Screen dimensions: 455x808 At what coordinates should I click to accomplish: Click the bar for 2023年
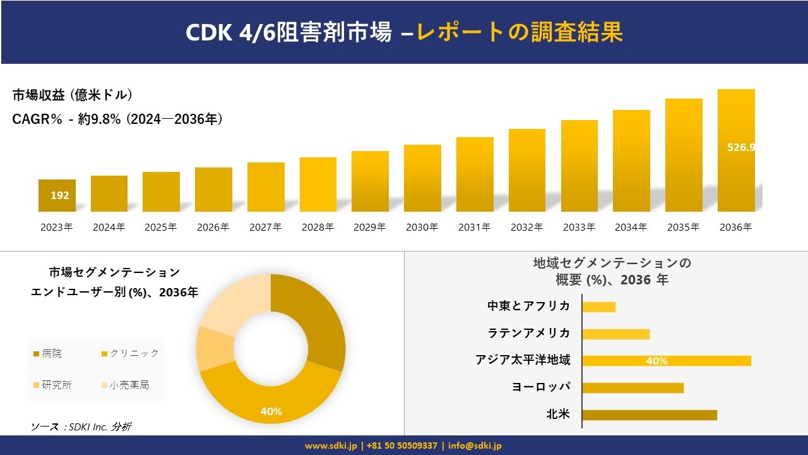(x=57, y=196)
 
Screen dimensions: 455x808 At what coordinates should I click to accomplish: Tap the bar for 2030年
(x=422, y=178)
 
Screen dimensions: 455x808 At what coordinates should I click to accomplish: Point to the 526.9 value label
(x=741, y=147)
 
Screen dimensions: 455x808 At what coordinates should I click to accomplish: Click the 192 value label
(x=60, y=195)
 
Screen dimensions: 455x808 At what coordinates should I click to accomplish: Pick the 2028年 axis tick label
(x=318, y=227)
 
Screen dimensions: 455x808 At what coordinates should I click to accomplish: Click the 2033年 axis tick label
(x=579, y=227)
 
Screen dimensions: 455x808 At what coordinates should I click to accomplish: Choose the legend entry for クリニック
(x=130, y=354)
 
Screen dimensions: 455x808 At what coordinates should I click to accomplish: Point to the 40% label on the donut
(x=271, y=411)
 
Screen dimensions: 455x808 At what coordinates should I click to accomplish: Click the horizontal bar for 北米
(x=649, y=415)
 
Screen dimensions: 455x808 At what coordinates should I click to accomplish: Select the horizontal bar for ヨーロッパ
(x=633, y=387)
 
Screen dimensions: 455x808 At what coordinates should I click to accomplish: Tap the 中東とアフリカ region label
(x=529, y=306)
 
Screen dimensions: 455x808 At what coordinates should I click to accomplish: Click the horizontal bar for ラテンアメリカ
(x=615, y=334)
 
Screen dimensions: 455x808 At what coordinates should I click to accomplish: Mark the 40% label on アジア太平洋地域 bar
(x=656, y=361)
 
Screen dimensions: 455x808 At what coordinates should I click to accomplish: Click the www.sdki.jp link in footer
(x=331, y=446)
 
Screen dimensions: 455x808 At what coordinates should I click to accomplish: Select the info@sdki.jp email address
(x=475, y=446)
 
